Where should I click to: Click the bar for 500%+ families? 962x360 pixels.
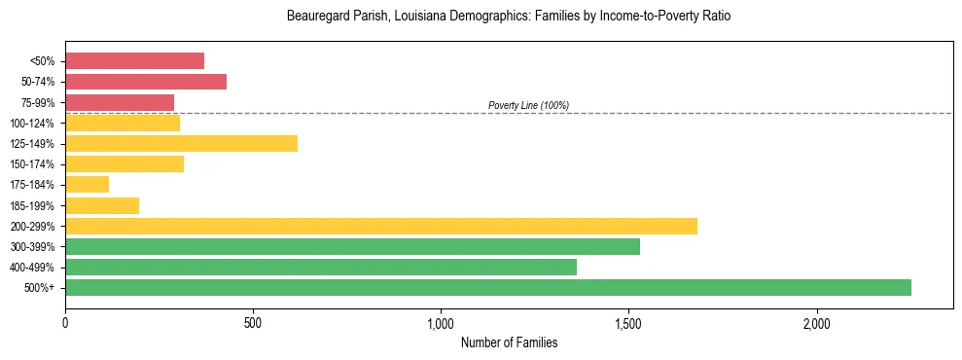coord(488,287)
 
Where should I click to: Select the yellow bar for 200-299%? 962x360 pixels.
coord(381,226)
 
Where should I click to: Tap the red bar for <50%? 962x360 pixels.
coord(134,61)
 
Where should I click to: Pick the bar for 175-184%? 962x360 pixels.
coord(87,184)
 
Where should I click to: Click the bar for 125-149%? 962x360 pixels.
coord(181,143)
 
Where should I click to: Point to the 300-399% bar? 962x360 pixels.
coord(352,246)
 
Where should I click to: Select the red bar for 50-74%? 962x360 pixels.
coord(146,82)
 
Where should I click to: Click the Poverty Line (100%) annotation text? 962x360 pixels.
coord(528,105)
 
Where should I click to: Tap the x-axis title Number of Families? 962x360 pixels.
coord(509,342)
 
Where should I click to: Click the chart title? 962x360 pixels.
coord(509,17)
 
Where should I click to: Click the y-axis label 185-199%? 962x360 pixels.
coord(36,205)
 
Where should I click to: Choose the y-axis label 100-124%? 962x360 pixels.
coord(36,124)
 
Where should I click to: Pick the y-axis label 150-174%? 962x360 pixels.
coord(36,164)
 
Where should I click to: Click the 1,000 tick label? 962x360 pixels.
coord(441,322)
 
